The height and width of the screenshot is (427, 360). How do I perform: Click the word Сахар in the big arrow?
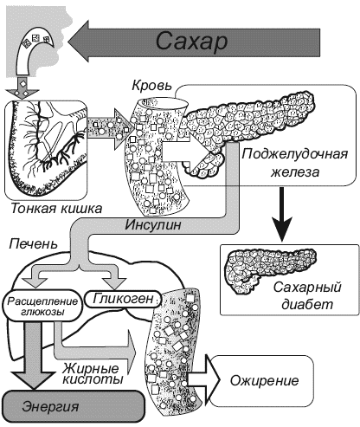tap(192, 42)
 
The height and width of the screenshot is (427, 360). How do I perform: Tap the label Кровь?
tap(152, 86)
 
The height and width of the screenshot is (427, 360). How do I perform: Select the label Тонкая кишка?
tap(56, 209)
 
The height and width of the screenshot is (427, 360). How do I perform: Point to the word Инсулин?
tap(153, 225)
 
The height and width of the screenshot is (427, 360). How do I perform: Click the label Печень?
tap(34, 244)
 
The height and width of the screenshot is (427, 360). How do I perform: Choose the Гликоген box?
tap(123, 299)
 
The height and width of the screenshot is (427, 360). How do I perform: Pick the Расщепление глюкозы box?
tap(42, 306)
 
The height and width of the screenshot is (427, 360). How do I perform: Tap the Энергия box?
tap(74, 407)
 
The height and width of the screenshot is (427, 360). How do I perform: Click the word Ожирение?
tap(264, 380)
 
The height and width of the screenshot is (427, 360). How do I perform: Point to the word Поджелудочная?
tap(294, 154)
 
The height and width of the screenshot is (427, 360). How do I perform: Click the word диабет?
tap(307, 305)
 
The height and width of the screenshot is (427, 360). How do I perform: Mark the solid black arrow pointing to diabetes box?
tap(281, 214)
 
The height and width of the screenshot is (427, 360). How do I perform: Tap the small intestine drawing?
tap(46, 150)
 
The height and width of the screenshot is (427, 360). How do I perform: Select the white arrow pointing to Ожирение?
tap(202, 380)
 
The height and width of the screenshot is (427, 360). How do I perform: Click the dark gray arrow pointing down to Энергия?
tap(34, 356)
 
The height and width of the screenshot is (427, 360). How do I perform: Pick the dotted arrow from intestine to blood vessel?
tap(111, 129)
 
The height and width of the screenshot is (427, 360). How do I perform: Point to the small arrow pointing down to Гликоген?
tap(114, 277)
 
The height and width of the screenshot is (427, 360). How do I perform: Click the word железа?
tap(295, 172)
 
